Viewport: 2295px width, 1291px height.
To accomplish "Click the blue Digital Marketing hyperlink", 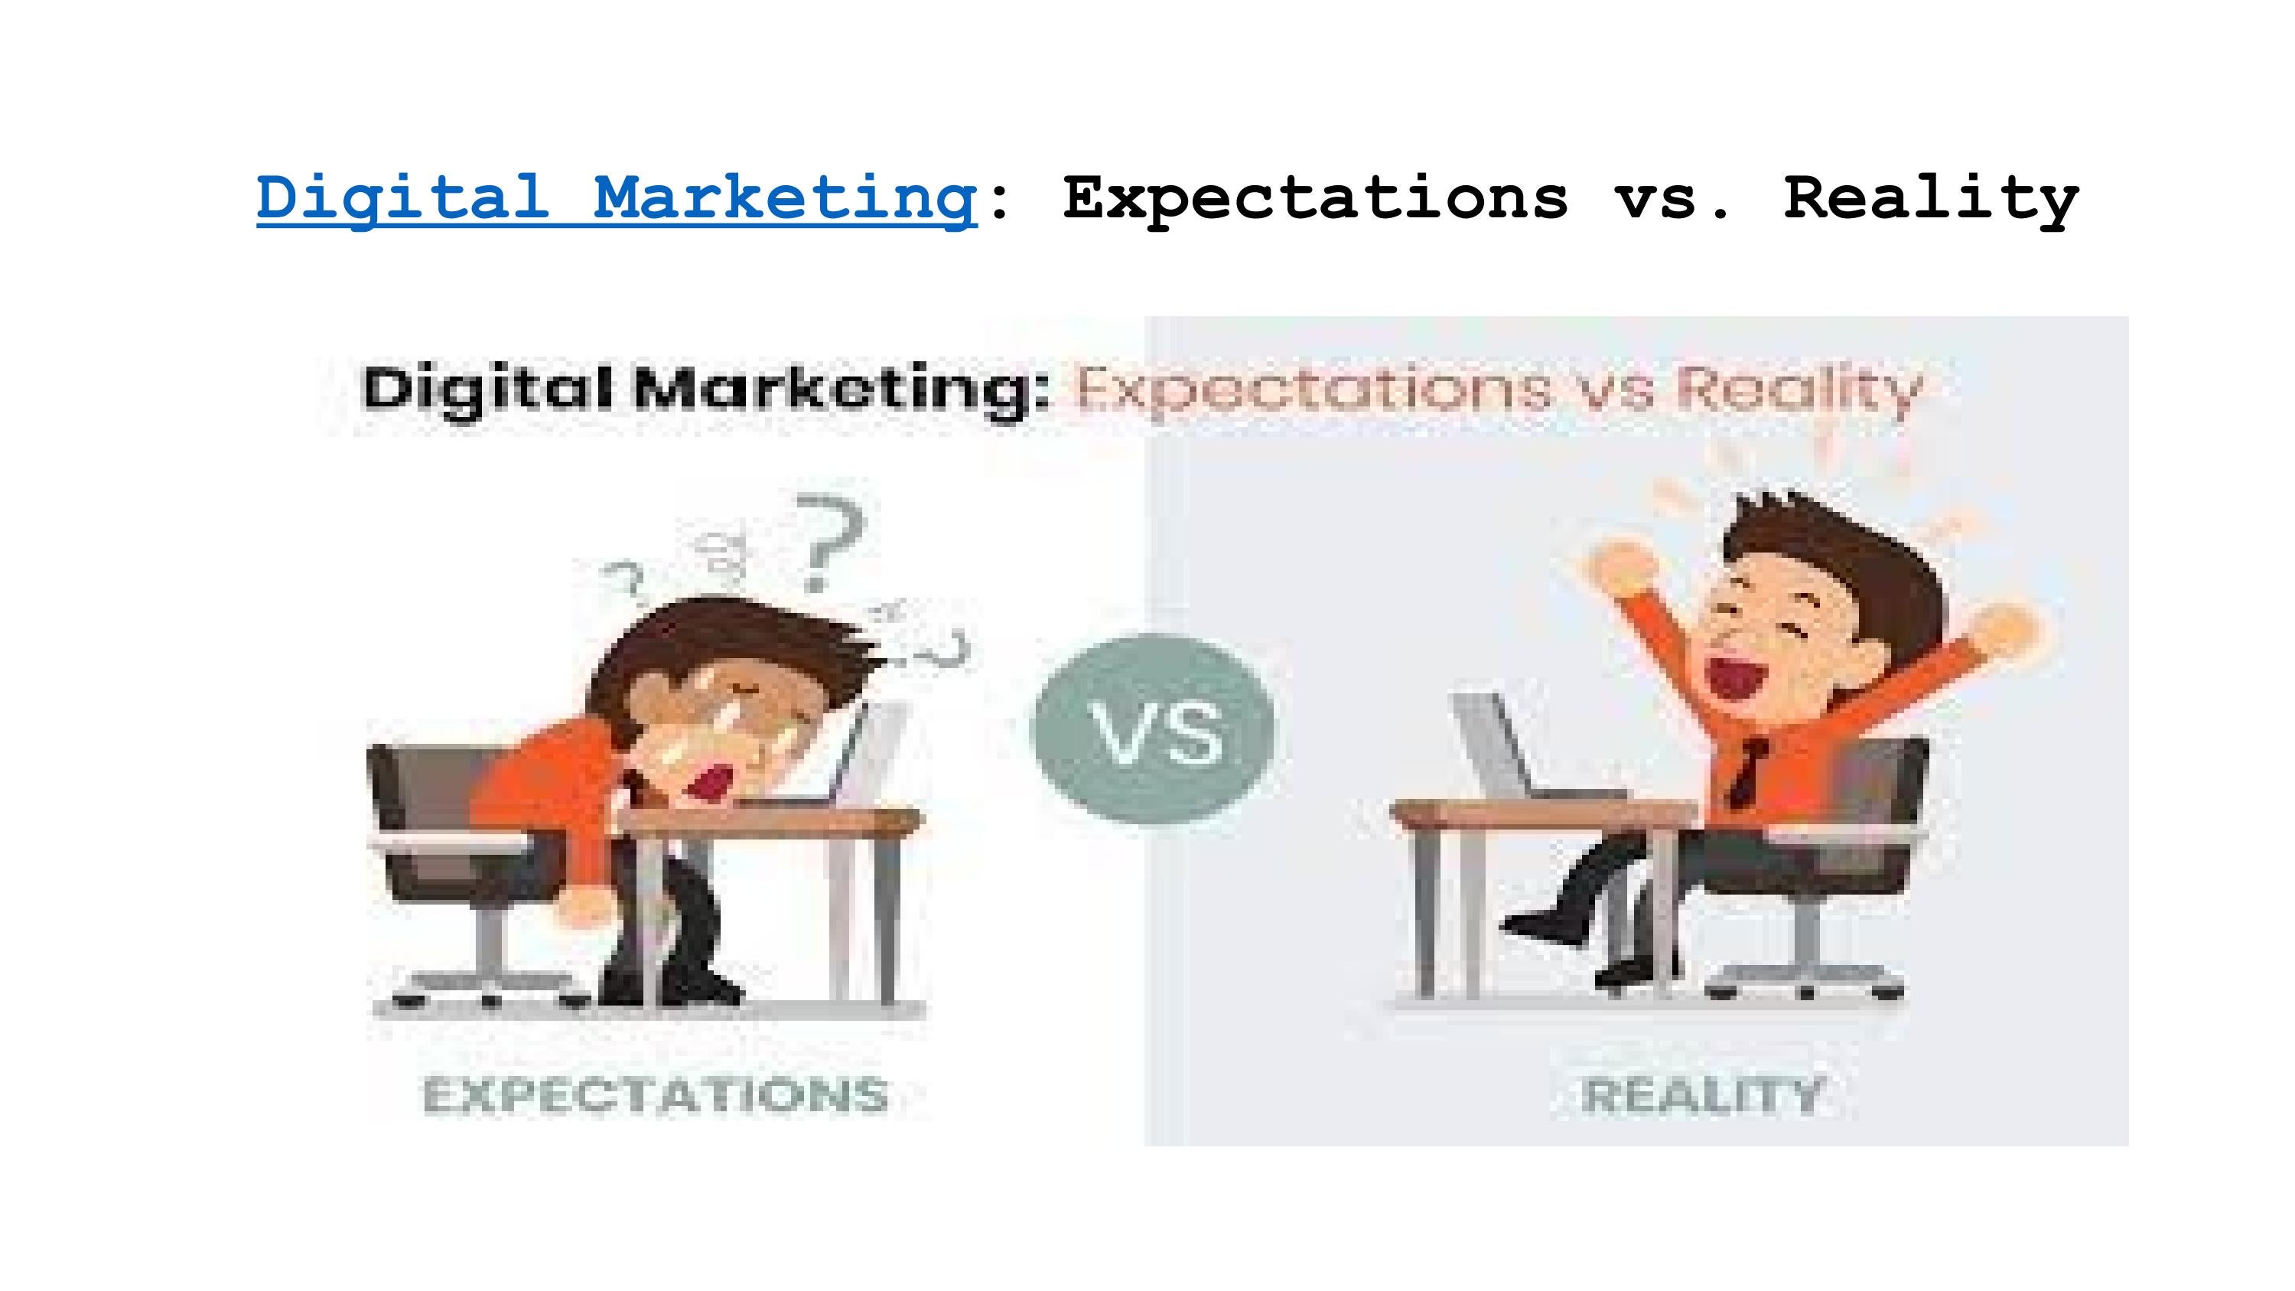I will click(x=617, y=197).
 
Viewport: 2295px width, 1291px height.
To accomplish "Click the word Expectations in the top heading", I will click(x=1314, y=197).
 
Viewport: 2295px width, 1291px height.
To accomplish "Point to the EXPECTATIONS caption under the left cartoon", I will click(x=656, y=1095).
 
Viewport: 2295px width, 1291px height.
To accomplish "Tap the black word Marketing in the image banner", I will click(x=838, y=390).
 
